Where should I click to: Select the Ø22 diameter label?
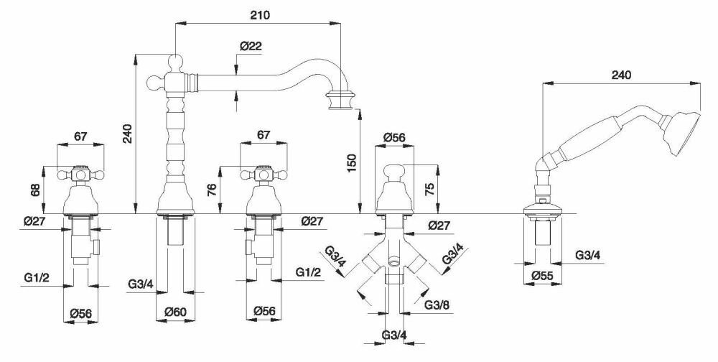point(251,45)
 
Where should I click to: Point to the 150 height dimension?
point(351,163)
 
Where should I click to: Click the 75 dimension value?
point(429,190)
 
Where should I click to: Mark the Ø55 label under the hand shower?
point(542,275)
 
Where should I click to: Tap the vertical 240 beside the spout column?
point(127,132)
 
